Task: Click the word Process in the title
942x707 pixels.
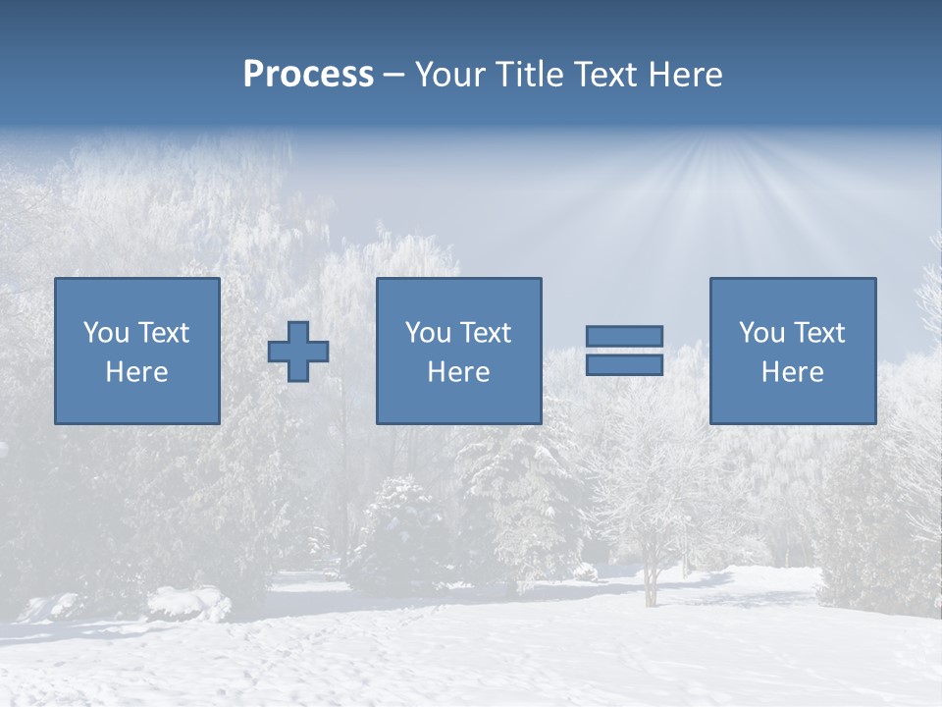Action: tap(308, 75)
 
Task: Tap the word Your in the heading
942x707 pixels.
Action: tap(447, 75)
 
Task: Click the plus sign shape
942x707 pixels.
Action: tap(298, 352)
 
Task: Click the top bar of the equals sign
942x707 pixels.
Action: tap(624, 336)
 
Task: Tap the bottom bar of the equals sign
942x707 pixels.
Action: tap(624, 364)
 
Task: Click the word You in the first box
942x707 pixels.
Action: tap(105, 333)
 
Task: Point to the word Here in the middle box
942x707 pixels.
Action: tap(458, 372)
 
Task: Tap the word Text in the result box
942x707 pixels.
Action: tap(818, 333)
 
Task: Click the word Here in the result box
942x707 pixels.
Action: tap(792, 372)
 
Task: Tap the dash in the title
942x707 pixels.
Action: tap(394, 75)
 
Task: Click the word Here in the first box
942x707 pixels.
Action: tap(136, 372)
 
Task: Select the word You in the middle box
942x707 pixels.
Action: tap(428, 333)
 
